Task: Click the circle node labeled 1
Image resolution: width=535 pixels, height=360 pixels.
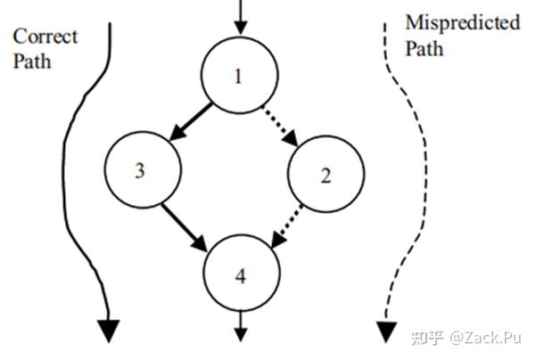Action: (237, 77)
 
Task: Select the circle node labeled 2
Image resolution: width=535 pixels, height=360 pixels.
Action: (326, 174)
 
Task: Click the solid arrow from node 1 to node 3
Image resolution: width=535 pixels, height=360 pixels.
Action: (191, 122)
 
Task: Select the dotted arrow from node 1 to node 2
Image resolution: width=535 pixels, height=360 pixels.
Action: (279, 123)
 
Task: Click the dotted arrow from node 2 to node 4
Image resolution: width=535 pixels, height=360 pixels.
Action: (289, 226)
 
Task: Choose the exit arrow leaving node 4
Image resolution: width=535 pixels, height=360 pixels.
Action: (240, 325)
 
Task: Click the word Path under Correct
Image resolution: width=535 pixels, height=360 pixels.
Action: (32, 61)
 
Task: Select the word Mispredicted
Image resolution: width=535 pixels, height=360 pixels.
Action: (462, 22)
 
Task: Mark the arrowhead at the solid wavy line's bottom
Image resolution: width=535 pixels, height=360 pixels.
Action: (107, 330)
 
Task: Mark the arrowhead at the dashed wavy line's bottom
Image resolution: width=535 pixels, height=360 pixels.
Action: (385, 332)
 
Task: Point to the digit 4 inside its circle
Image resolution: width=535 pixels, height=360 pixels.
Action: (240, 275)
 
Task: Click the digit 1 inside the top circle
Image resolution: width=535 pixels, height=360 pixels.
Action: (238, 77)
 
